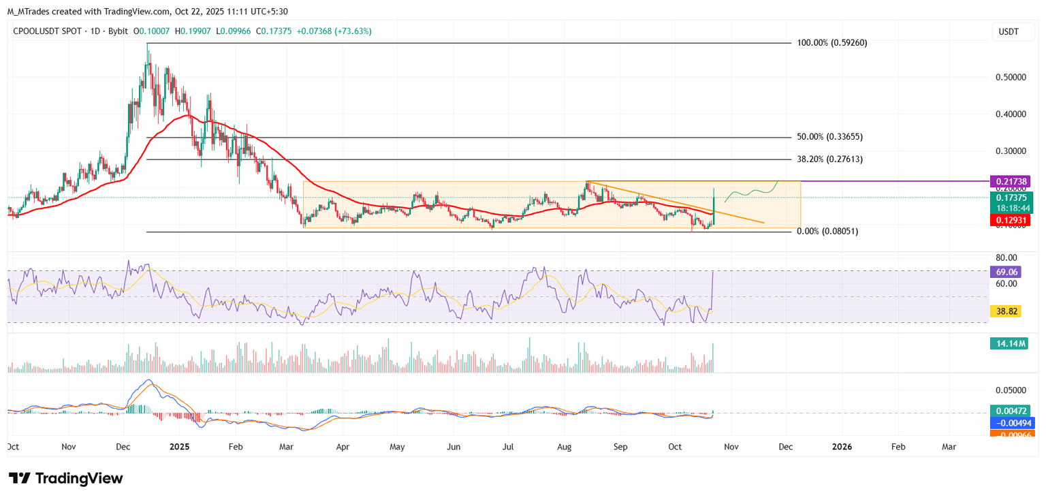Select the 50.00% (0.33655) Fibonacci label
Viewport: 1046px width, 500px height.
(x=829, y=136)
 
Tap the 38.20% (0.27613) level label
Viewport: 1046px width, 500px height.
(x=829, y=159)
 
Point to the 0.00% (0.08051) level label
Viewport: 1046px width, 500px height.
(x=827, y=231)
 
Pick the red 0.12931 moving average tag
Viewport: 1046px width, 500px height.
(x=1010, y=220)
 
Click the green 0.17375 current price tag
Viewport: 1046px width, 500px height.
(x=1010, y=198)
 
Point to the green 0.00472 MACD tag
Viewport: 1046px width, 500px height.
(x=1010, y=411)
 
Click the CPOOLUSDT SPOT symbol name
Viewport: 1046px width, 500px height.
(x=45, y=31)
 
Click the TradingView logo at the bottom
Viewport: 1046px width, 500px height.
(x=65, y=478)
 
